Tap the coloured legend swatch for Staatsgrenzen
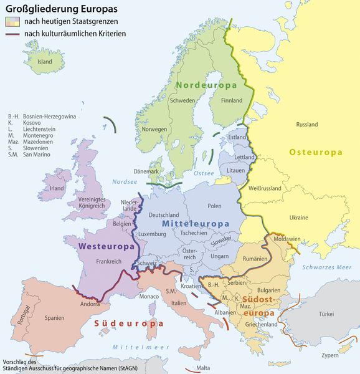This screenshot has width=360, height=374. click(12, 22)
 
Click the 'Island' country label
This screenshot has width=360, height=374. click(45, 62)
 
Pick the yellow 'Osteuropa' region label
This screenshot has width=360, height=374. click(316, 152)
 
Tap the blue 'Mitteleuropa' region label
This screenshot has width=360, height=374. click(195, 223)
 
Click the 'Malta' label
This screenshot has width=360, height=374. click(203, 368)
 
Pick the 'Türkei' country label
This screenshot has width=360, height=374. click(326, 314)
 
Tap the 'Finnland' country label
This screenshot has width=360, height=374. click(232, 100)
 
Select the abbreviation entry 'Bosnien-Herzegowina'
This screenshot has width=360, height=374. click(49, 117)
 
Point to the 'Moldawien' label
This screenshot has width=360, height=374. click(288, 239)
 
